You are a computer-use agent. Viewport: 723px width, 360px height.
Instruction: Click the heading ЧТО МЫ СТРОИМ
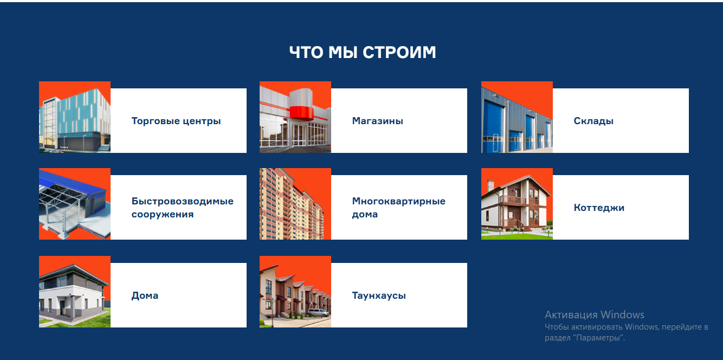click(363, 52)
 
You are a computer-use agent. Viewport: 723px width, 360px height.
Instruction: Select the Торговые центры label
click(176, 121)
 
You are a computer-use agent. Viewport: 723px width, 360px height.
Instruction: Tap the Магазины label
click(377, 121)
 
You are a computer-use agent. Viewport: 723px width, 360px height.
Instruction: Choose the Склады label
click(593, 121)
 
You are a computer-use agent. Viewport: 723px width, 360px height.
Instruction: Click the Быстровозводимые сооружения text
click(182, 208)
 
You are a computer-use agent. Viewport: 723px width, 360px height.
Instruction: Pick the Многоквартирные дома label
click(398, 208)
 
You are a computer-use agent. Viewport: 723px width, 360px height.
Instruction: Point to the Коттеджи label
click(599, 208)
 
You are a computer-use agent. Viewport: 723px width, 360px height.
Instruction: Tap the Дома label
click(145, 295)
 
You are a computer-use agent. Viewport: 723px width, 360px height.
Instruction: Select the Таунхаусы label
click(379, 295)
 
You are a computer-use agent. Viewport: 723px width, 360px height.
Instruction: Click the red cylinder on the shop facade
click(301, 104)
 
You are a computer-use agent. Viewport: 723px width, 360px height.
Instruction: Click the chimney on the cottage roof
click(490, 185)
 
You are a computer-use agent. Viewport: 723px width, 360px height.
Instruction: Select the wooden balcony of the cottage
click(513, 200)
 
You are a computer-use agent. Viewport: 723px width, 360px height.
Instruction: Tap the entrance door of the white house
click(62, 308)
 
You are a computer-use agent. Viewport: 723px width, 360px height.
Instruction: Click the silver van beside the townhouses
click(319, 312)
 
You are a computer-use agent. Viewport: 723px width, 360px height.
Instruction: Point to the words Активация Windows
click(595, 314)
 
